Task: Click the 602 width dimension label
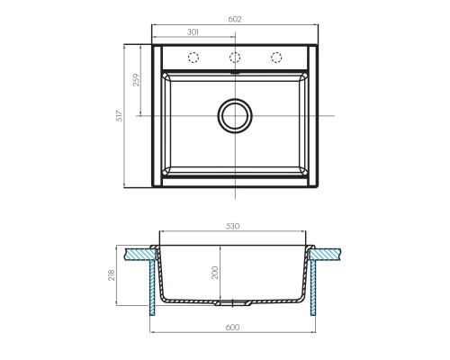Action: click(x=235, y=19)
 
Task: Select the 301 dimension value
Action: click(x=193, y=32)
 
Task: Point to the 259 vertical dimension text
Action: click(x=136, y=80)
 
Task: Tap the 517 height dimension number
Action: click(x=120, y=116)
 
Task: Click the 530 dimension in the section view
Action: click(x=233, y=226)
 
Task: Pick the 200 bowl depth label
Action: click(x=215, y=273)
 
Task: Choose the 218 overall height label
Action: click(x=112, y=275)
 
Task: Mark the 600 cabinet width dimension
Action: click(x=232, y=327)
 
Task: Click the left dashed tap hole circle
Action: click(x=193, y=58)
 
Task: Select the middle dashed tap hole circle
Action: click(x=235, y=58)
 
